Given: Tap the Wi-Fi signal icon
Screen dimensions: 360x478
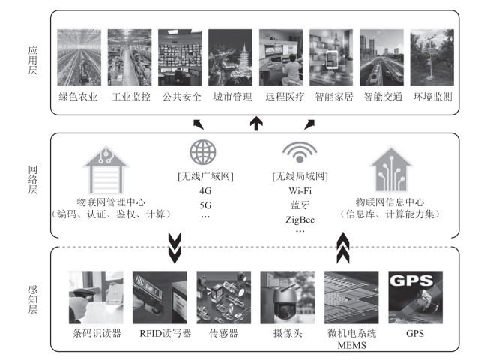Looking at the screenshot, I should coord(295,153).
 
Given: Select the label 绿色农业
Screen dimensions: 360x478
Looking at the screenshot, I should coord(78,97).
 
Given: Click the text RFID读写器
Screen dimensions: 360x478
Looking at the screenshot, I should coord(160,333).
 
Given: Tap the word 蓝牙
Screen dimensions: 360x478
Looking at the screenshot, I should coord(295,205).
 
